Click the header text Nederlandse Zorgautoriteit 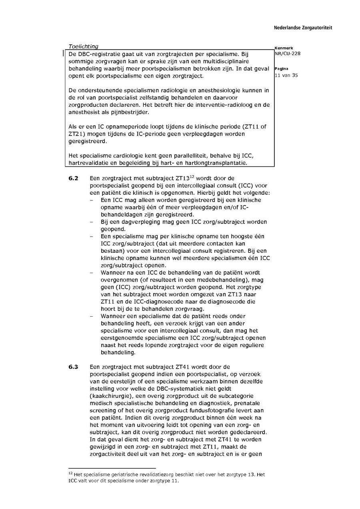coord(303,28)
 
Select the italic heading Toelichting coord(83,47)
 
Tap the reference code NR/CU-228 coord(288,54)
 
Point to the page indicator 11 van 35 coord(286,75)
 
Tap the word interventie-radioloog coord(224,105)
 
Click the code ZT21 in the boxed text coord(76,134)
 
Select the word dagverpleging coord(134,222)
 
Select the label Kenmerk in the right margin coord(284,48)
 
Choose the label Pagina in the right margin coord(282,69)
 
